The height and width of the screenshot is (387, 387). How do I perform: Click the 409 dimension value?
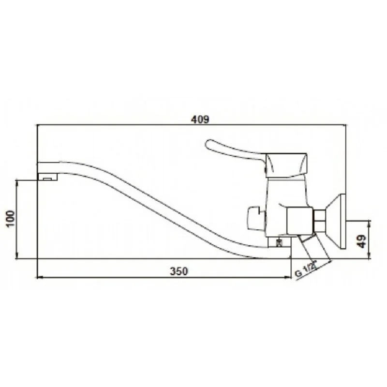point(200,119)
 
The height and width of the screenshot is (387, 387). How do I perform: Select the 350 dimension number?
point(179,271)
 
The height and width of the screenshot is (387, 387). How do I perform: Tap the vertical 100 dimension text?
point(11,219)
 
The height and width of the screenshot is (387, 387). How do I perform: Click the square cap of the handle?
point(286,165)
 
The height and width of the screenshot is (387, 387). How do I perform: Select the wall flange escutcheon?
point(336,222)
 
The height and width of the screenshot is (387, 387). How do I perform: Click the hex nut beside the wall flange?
point(320,221)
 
